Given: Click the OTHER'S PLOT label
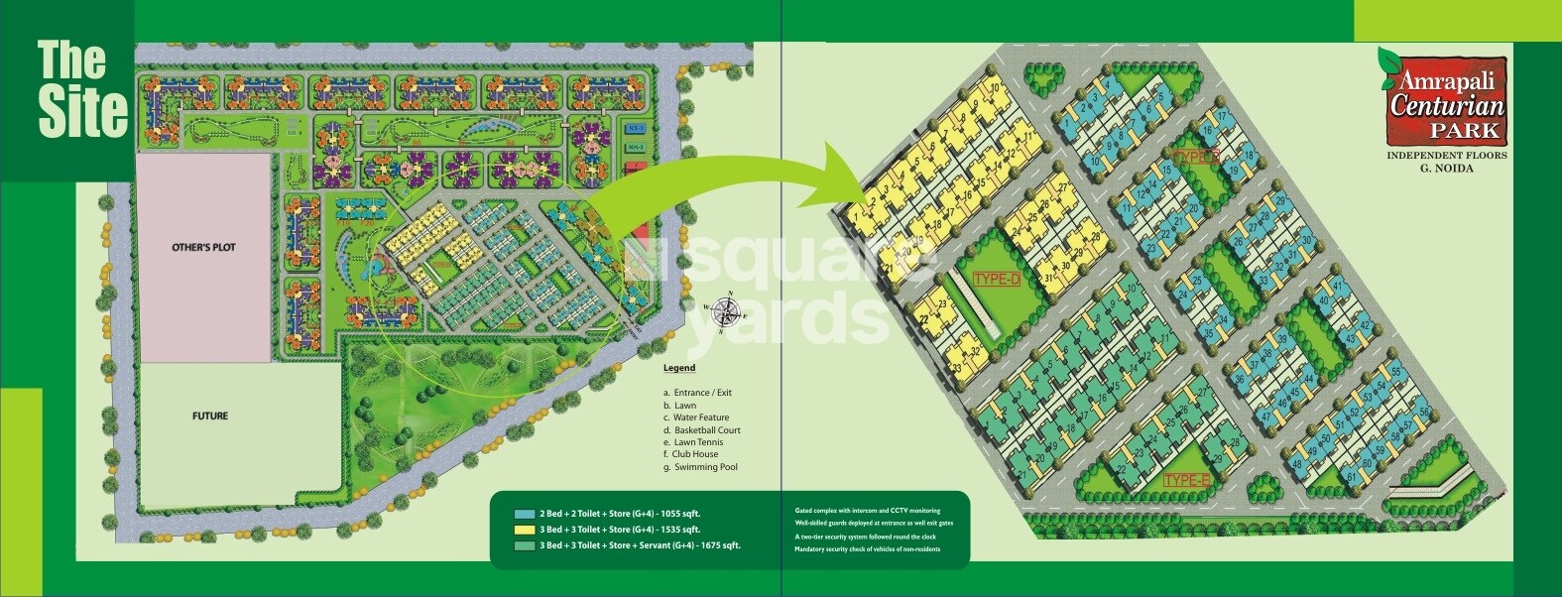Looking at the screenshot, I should pos(203,247).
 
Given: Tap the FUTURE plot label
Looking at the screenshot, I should pos(209,417).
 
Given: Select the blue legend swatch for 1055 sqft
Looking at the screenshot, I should pos(525,514).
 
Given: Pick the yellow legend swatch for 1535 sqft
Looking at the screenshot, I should pos(525,530).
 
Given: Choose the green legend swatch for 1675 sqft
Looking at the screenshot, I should pos(525,545).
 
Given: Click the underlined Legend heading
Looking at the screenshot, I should pos(679,368).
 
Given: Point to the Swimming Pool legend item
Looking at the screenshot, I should pos(701,467).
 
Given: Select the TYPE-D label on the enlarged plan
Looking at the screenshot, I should pos(997,279).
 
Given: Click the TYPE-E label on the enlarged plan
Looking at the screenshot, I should pos(1188,481).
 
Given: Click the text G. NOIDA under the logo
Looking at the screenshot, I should pos(1445,169).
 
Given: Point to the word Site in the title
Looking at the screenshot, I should pos(83,111).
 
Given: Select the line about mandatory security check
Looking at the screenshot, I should pos(867,549).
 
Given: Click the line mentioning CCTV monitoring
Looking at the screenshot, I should pos(867,511).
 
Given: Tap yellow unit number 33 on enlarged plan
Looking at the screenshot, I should pos(957,368).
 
